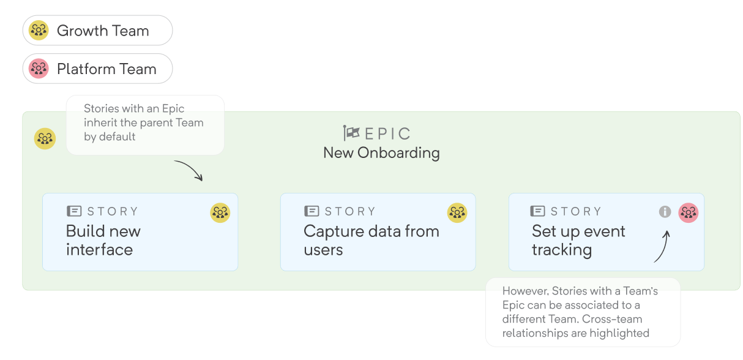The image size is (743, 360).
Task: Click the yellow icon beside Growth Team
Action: point(39,30)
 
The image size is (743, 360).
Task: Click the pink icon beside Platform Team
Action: point(39,69)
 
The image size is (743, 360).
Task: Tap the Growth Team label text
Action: point(103,31)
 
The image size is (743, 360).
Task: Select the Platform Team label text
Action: point(106,69)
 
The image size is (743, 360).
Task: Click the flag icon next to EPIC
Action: point(351,133)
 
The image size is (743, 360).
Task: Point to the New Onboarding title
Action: point(381,153)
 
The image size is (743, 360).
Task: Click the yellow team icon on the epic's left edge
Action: point(45,138)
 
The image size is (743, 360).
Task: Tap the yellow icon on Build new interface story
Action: point(220,212)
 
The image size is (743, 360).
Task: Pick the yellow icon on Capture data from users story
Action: point(457,212)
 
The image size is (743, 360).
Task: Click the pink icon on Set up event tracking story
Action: point(689,212)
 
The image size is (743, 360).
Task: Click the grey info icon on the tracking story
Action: point(665,211)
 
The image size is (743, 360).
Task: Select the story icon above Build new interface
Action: point(74,211)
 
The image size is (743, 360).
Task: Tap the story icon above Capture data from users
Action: point(312,211)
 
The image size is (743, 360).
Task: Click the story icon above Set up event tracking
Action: point(537,211)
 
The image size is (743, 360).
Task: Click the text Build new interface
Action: point(103,240)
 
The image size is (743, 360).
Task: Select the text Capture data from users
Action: point(371,240)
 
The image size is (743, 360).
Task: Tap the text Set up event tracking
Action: point(578,240)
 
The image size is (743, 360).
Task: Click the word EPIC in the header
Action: point(388,133)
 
